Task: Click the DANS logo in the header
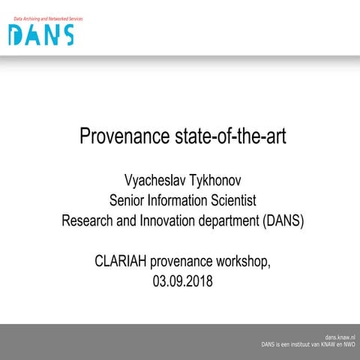pos(41,34)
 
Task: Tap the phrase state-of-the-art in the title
pos(223,138)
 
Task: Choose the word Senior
pos(128,200)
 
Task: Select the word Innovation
pos(168,221)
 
